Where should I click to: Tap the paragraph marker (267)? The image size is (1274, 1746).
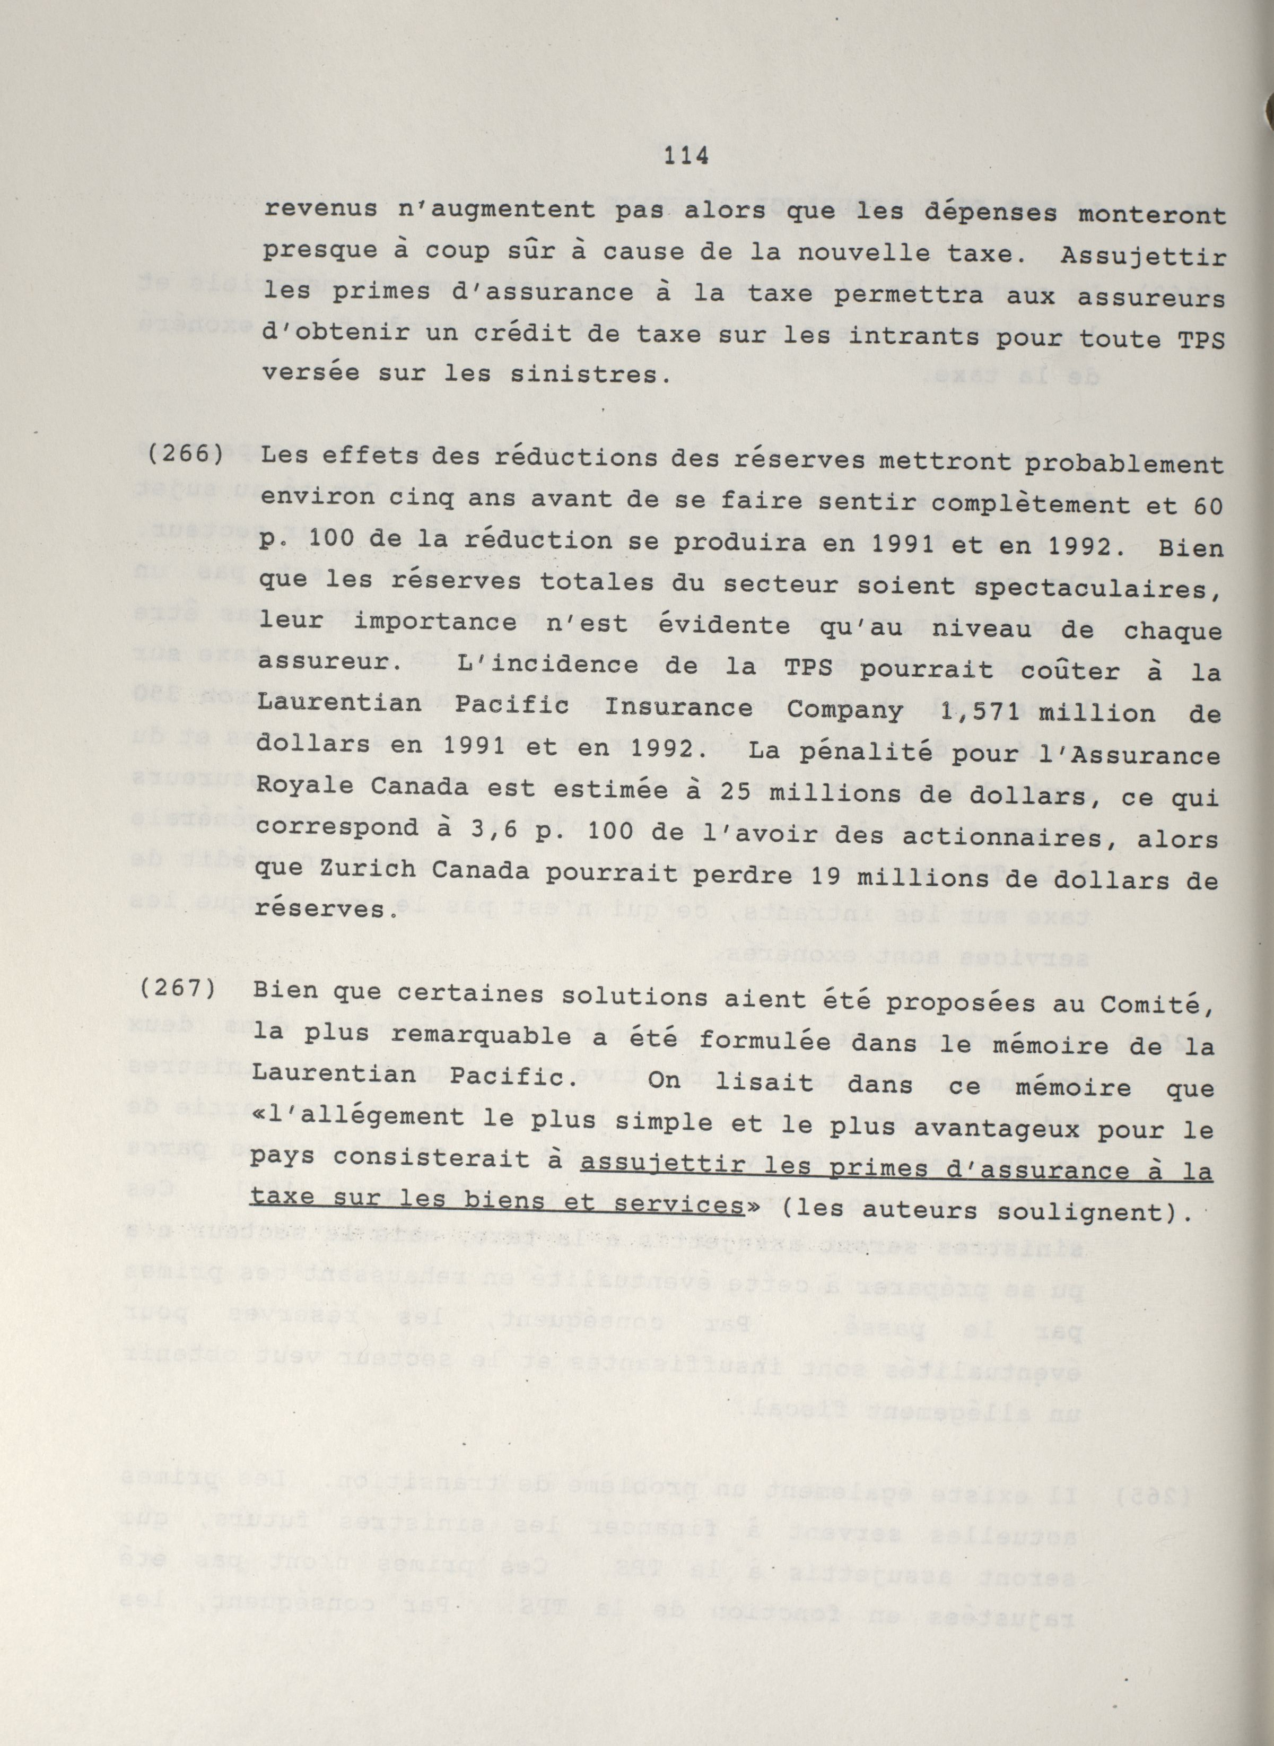(179, 989)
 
